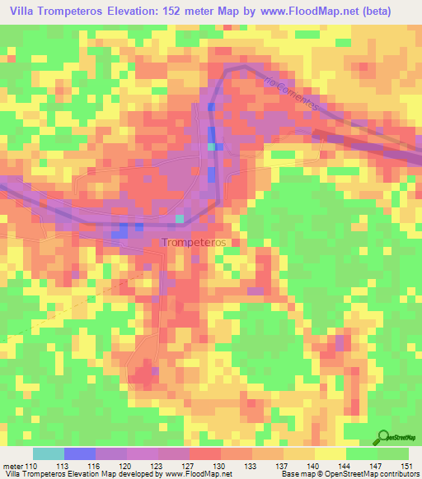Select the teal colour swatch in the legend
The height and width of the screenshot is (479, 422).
pyautogui.click(x=48, y=453)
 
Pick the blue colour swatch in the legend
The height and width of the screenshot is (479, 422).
pyautogui.click(x=80, y=453)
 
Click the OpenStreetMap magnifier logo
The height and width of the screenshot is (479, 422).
pyautogui.click(x=384, y=437)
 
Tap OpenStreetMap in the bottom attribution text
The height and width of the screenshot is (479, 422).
pyautogui.click(x=357, y=474)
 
